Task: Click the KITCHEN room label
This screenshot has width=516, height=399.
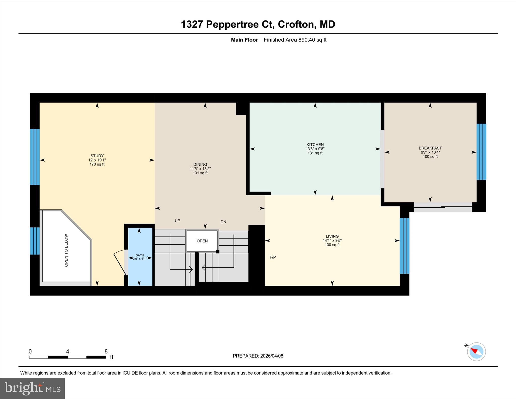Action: [315, 145]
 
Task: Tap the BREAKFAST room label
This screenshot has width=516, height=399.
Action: [430, 148]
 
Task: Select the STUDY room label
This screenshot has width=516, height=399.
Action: [97, 156]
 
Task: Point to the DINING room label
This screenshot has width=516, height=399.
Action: [200, 165]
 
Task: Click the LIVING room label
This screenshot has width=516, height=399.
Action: [332, 236]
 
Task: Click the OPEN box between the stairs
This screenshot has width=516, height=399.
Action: [202, 241]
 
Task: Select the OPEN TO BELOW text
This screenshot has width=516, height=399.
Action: [66, 250]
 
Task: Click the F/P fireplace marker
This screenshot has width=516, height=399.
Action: [273, 257]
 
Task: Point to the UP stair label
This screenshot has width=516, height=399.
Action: [177, 221]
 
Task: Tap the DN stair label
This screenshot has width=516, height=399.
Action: [223, 222]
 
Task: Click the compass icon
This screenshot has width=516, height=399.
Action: [476, 352]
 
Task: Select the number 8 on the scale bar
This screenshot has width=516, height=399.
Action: [106, 352]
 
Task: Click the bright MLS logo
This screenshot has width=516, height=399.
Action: [32, 388]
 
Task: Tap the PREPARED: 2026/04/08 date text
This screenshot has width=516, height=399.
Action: [258, 356]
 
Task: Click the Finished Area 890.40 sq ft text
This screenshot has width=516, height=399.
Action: [295, 40]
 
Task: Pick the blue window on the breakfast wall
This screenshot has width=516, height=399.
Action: [481, 152]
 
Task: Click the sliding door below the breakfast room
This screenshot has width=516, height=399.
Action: [443, 207]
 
